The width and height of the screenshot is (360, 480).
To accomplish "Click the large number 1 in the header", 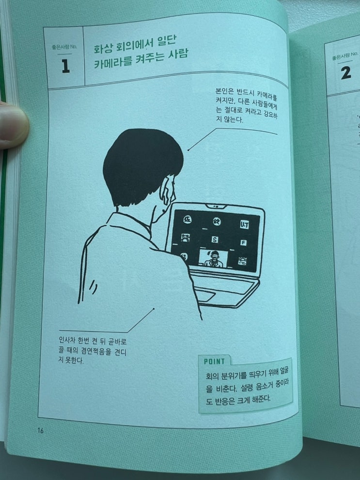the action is (x=65, y=66).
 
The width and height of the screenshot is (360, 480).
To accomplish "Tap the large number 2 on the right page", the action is (x=345, y=73).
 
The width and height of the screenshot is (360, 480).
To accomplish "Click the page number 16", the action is (x=40, y=431).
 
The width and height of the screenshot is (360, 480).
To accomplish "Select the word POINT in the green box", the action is (x=214, y=361).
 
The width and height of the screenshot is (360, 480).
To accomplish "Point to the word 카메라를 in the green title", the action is (x=114, y=62).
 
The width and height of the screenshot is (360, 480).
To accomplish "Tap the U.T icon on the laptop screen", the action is (x=244, y=225).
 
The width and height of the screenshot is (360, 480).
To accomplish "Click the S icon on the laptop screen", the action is (x=215, y=240).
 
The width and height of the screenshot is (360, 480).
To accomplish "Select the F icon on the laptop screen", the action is (x=243, y=243).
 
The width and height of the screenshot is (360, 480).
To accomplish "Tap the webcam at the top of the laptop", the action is (x=216, y=206).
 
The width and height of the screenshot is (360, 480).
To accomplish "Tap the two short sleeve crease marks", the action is (x=94, y=288).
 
